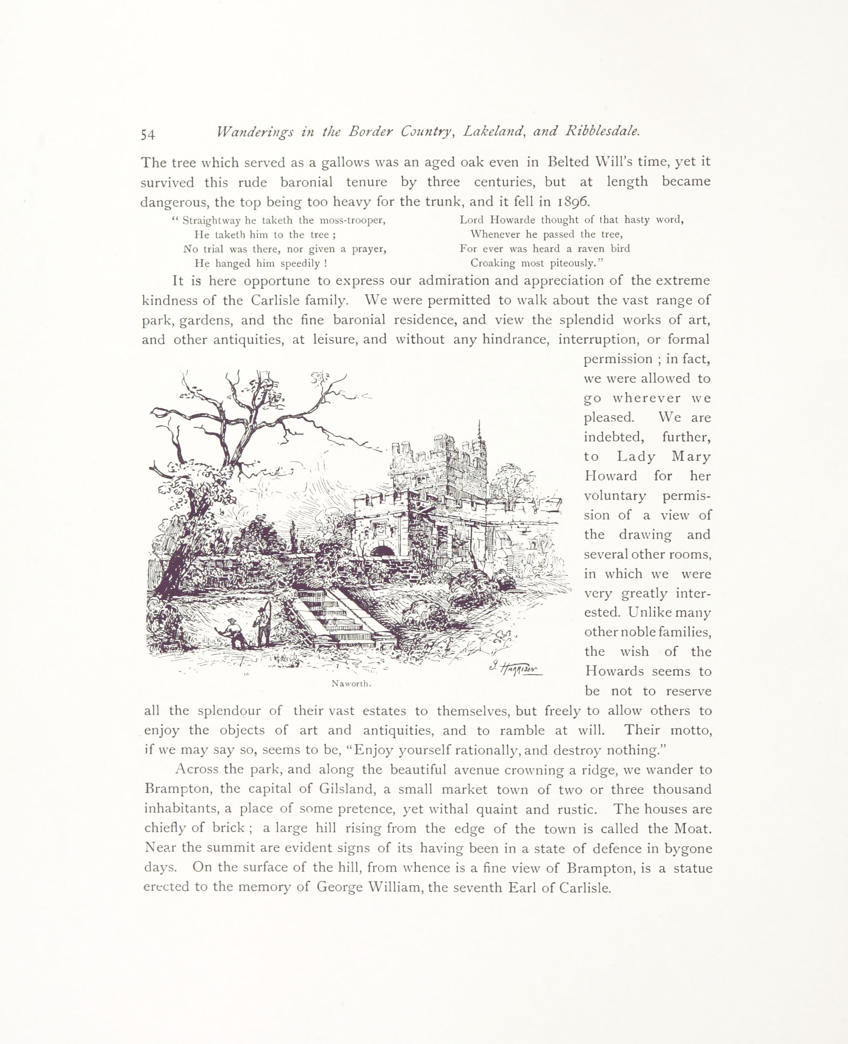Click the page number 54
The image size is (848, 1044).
pyautogui.click(x=148, y=134)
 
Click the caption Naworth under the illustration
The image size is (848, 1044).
pyautogui.click(x=351, y=684)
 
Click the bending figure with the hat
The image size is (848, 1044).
pyautogui.click(x=235, y=635)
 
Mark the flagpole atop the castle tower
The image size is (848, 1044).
pyautogui.click(x=479, y=430)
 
